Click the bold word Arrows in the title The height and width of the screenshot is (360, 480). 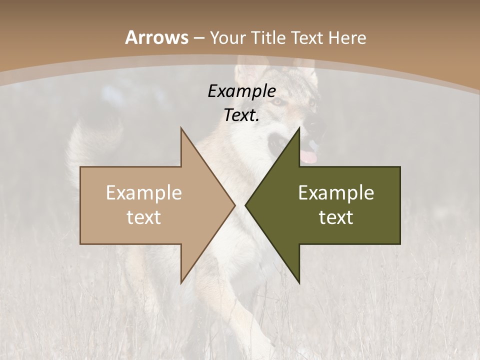tap(156, 37)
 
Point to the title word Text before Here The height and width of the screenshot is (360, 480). tap(307, 37)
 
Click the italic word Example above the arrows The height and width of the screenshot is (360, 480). tap(241, 91)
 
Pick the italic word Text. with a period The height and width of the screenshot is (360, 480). tap(241, 115)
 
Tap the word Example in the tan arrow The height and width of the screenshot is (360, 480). tap(144, 193)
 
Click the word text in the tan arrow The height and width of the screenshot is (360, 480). tap(144, 217)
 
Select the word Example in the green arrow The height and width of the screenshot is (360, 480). tap(336, 193)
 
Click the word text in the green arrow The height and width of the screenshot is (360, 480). tap(336, 217)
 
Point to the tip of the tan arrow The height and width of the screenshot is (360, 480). tap(234, 205)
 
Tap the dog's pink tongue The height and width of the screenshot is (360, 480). tap(309, 157)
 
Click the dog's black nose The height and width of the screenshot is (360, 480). tap(311, 123)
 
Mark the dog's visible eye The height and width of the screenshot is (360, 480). tap(276, 101)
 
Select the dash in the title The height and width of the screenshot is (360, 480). tap(199, 38)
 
